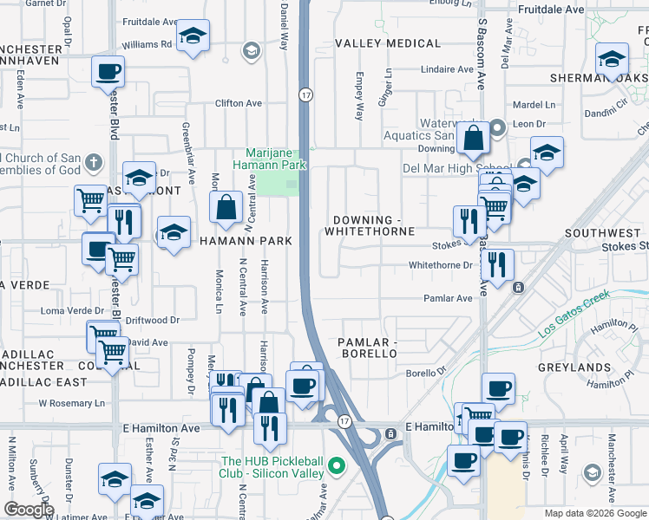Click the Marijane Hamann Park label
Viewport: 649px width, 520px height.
click(271, 157)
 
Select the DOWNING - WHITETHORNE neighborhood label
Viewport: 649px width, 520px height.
click(369, 225)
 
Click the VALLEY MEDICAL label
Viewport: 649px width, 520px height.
click(388, 43)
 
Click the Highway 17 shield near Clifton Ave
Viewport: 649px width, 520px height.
click(305, 94)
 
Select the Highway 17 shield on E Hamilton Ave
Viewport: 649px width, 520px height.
click(344, 421)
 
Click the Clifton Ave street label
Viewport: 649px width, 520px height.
click(239, 103)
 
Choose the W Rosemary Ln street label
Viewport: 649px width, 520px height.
click(77, 403)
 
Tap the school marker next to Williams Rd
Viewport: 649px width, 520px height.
click(193, 36)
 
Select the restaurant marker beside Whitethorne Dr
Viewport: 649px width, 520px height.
click(497, 265)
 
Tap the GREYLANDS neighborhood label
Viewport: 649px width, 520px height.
click(599, 367)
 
